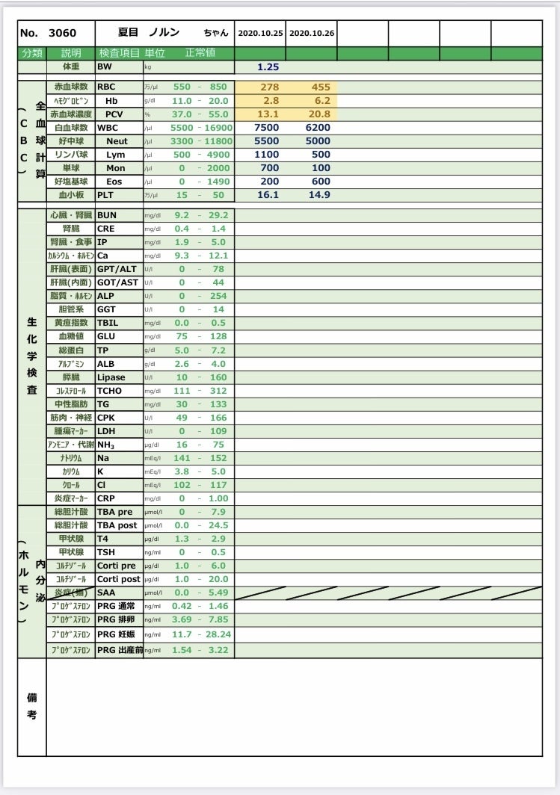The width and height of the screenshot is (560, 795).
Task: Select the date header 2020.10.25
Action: [260, 34]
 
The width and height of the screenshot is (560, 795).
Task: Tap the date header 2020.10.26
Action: [312, 34]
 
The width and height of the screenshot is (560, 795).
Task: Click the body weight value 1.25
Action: [268, 67]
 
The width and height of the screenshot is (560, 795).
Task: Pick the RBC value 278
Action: [269, 87]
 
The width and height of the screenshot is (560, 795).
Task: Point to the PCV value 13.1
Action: [268, 114]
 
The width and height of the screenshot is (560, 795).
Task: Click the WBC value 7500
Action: [267, 127]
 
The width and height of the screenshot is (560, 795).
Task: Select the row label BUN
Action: [106, 215]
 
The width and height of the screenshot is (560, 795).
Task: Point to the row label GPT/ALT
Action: [117, 269]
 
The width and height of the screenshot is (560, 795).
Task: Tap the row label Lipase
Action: [111, 377]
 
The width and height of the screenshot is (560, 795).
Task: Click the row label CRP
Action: [106, 498]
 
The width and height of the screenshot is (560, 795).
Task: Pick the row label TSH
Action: [105, 552]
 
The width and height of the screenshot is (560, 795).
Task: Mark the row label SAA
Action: [105, 593]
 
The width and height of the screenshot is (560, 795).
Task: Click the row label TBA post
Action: [117, 525]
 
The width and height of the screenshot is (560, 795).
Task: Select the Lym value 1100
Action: [267, 154]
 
